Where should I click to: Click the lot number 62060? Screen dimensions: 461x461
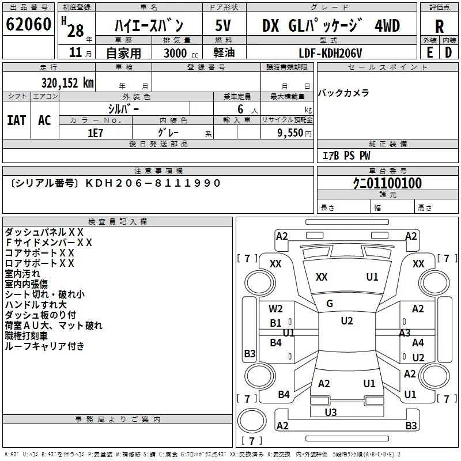point(28,24)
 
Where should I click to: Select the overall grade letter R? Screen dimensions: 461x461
point(439,27)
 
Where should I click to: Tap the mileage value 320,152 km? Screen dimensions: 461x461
point(67,83)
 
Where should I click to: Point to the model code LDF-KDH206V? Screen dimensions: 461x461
point(330,53)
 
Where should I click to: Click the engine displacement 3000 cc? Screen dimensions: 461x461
point(181,53)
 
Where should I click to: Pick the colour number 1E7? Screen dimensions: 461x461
point(95,133)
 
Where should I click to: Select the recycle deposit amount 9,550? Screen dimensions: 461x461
point(290,133)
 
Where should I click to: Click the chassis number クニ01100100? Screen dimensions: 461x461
point(387,183)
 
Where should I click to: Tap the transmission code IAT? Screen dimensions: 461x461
point(17,120)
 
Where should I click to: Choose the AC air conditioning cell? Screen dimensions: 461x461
point(45,120)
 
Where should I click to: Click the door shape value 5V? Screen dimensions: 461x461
point(223,25)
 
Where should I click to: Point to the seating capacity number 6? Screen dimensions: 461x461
point(240,109)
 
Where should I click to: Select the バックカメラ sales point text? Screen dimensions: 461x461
point(343,93)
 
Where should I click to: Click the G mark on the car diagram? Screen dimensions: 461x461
point(330,304)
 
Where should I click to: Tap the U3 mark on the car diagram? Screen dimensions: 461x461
point(331,412)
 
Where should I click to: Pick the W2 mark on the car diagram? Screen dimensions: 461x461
point(275,309)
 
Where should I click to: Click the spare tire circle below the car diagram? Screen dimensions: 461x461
point(252,421)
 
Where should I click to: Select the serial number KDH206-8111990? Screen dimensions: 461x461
point(153,183)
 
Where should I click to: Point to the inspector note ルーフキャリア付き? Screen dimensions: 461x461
point(45,346)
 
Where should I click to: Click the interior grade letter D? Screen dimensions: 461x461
point(448,52)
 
